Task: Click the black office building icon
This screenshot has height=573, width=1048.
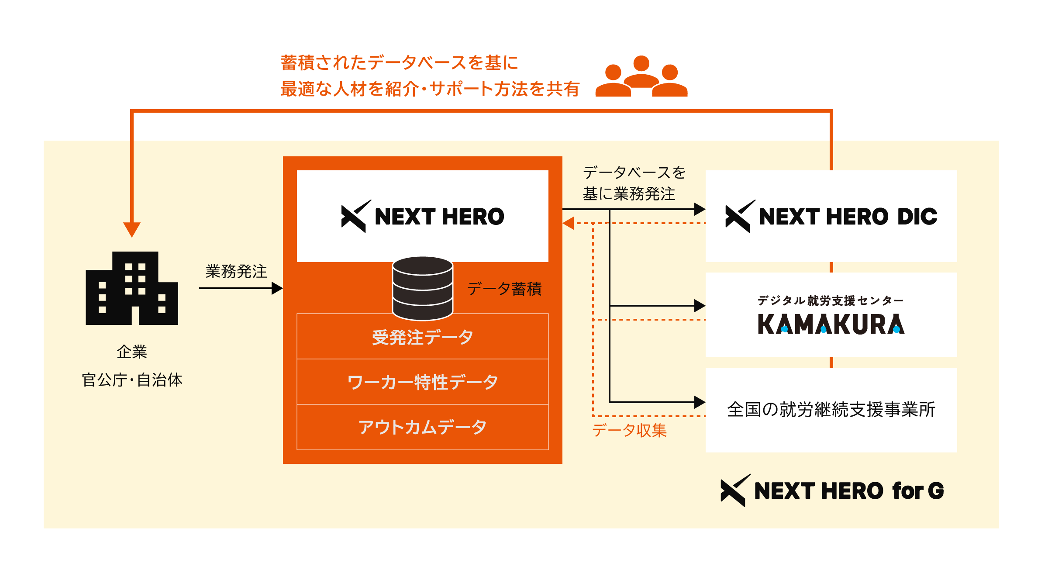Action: pos(132,288)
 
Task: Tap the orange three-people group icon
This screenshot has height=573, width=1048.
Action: pos(641,77)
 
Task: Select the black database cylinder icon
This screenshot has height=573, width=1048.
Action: pos(422,288)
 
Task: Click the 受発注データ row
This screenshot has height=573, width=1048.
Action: pos(422,337)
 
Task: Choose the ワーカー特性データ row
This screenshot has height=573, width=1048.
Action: pos(422,382)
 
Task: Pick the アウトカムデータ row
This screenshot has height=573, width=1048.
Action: pos(422,427)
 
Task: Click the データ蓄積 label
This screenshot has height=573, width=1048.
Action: pos(504,289)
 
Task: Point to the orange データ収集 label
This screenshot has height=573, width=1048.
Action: pos(629,431)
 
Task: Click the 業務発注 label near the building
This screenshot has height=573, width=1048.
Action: pos(236,272)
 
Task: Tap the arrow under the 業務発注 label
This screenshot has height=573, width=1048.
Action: pos(240,288)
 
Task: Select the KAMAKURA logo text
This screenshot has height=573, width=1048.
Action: pos(831,324)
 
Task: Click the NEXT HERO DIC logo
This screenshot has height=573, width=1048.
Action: pos(831,217)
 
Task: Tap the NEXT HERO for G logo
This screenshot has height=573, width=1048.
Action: pos(832,490)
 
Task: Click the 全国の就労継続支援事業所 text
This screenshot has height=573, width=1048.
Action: pos(831,410)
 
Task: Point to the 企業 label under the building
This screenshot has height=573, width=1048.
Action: pos(132,352)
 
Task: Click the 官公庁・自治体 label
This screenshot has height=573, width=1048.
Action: pos(132,380)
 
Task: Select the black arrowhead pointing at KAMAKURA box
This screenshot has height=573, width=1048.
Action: pos(700,306)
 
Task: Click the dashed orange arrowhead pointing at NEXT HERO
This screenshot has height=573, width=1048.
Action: pos(568,223)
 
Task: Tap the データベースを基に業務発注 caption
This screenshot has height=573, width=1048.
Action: pos(633,183)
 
